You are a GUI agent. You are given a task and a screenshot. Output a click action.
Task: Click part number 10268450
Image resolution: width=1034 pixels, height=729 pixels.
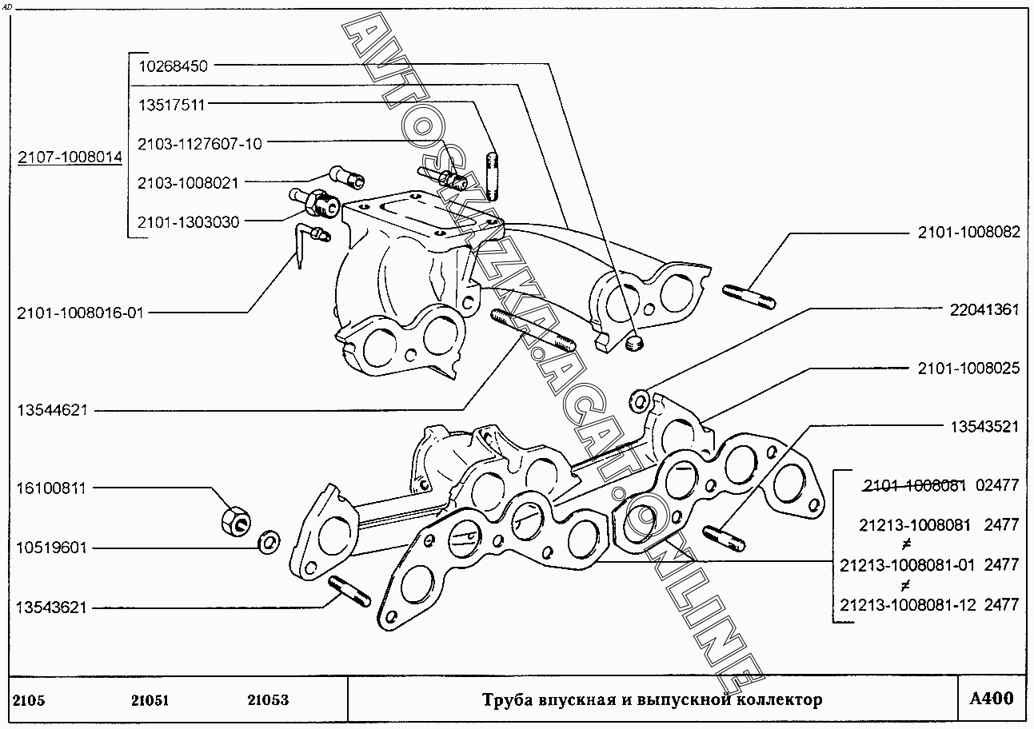(173, 66)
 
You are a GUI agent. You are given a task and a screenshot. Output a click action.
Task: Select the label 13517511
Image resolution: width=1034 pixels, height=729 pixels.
(173, 105)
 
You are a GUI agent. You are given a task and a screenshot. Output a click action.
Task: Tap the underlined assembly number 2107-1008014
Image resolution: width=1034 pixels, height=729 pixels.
(70, 157)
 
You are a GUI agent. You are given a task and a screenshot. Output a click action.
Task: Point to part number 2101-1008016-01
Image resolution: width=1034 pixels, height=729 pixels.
(80, 313)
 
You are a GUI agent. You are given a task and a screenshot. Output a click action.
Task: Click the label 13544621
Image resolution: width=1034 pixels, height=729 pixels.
(52, 410)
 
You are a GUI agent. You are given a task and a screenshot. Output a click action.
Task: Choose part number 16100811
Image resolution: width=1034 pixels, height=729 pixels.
(52, 488)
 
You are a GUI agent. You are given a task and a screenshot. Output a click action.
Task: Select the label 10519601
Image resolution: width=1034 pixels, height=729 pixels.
(52, 548)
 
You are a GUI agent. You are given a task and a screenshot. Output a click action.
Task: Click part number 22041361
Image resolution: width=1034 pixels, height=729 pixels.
(984, 309)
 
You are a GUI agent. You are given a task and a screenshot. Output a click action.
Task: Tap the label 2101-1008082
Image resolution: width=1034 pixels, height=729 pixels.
(968, 233)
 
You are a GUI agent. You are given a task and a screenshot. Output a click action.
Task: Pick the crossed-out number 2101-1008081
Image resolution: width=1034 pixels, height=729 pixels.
(915, 485)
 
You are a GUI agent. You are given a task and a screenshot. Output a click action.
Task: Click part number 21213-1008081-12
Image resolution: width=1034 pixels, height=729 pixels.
(908, 604)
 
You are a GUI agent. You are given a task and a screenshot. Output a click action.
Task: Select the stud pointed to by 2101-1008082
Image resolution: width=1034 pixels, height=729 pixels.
(749, 296)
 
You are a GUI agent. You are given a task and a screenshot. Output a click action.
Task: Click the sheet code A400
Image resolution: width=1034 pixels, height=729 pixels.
(991, 699)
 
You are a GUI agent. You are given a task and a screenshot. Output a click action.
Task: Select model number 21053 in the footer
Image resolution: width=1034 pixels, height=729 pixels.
(268, 700)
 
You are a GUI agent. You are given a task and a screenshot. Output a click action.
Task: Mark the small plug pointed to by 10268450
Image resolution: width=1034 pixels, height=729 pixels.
(635, 343)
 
